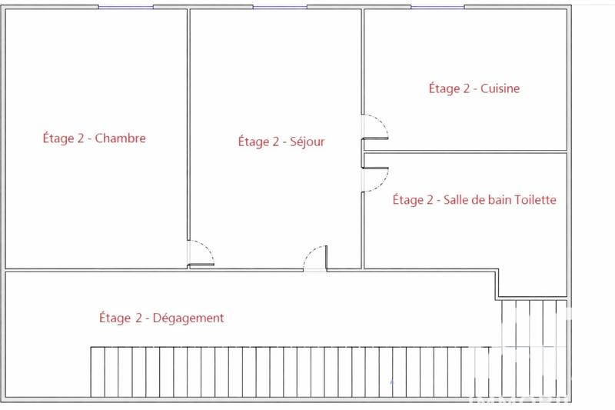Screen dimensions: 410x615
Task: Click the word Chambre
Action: [121, 139]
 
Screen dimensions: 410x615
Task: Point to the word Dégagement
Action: [189, 318]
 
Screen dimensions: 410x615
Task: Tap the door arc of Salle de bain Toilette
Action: [377, 179]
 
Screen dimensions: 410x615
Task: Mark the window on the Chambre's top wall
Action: [125, 7]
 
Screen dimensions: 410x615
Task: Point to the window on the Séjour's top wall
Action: [280, 7]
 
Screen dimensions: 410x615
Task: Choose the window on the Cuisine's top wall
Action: [437, 7]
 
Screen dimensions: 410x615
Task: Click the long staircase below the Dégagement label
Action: [292, 372]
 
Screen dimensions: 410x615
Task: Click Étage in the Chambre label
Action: [58, 139]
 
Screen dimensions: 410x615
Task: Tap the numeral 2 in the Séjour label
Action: [274, 142]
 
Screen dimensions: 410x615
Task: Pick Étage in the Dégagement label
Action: [115, 318]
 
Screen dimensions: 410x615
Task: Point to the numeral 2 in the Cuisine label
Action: [464, 88]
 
